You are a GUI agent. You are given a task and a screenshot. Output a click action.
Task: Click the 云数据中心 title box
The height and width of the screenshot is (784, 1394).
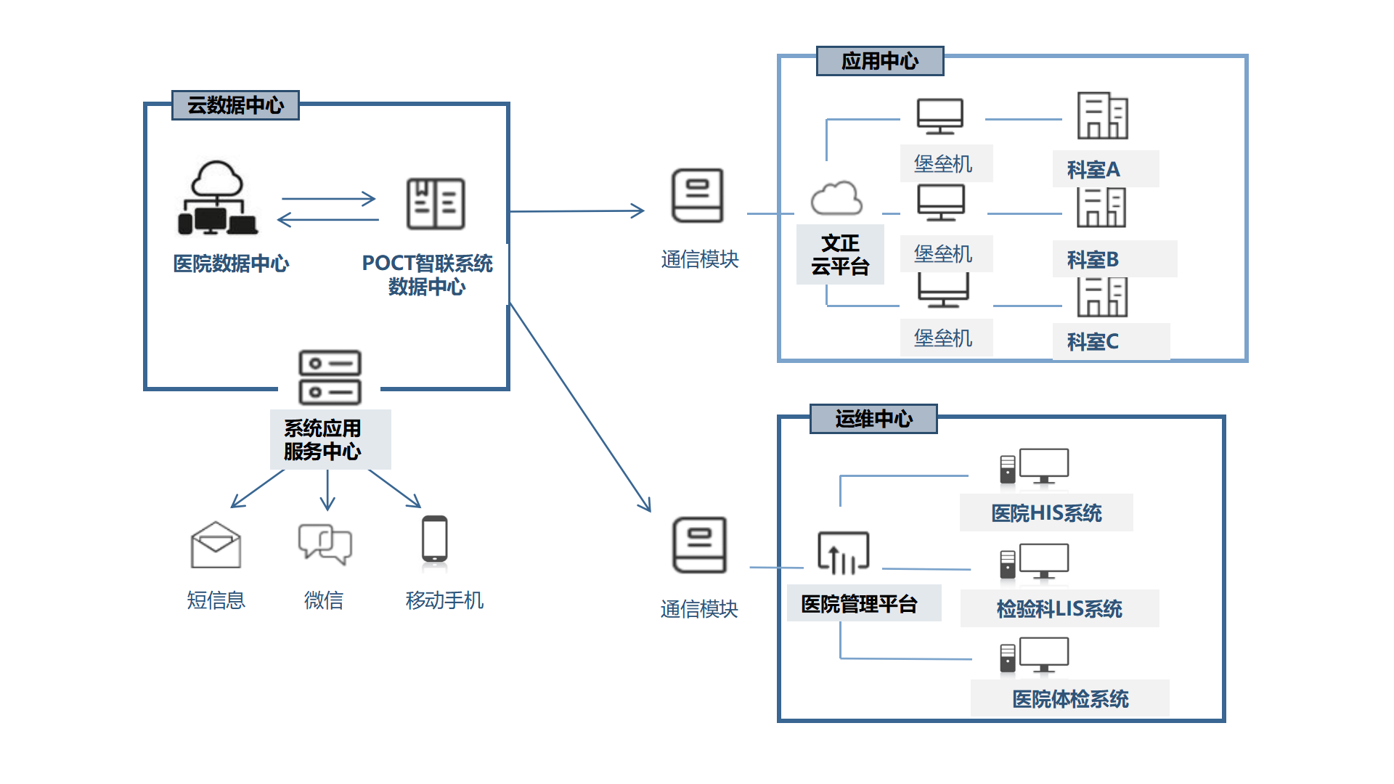pyautogui.click(x=235, y=105)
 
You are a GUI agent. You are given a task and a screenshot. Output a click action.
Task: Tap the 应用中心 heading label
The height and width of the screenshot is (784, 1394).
pyautogui.click(x=879, y=61)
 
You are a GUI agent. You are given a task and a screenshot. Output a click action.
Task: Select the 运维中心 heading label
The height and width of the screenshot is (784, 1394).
pyautogui.click(x=873, y=419)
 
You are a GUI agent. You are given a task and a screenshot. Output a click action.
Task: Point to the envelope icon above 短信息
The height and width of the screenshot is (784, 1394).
pyautogui.click(x=216, y=545)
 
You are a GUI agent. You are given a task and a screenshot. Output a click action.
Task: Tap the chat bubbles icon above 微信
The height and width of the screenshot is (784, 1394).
pyautogui.click(x=325, y=544)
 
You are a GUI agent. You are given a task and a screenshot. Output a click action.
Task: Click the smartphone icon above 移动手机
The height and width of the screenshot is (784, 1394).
pyautogui.click(x=435, y=539)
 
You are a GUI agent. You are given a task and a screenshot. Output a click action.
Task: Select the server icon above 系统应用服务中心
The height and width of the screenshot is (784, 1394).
pyautogui.click(x=330, y=377)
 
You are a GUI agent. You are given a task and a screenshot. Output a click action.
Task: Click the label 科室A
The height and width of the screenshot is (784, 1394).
pyautogui.click(x=1093, y=170)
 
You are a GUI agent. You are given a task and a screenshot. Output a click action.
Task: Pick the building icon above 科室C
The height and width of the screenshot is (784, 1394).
pyautogui.click(x=1101, y=297)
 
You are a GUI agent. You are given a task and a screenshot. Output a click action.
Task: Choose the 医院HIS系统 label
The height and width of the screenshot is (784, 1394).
pyautogui.click(x=1046, y=513)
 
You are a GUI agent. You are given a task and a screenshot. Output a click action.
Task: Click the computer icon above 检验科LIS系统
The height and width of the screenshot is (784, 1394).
pyautogui.click(x=1035, y=563)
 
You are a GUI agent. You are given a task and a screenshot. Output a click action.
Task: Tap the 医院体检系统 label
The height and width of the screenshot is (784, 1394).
pyautogui.click(x=1069, y=699)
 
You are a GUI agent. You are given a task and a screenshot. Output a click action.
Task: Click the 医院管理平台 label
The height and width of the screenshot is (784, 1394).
pyautogui.click(x=859, y=604)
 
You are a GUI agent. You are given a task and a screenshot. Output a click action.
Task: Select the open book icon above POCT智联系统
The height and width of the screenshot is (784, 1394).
pyautogui.click(x=435, y=204)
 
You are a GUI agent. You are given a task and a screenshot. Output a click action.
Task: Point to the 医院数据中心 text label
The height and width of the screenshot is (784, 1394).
pyautogui.click(x=231, y=264)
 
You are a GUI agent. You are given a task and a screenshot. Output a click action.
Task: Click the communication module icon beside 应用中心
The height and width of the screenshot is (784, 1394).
pyautogui.click(x=697, y=196)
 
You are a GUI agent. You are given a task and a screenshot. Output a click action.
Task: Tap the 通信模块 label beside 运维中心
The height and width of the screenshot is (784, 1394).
pyautogui.click(x=698, y=609)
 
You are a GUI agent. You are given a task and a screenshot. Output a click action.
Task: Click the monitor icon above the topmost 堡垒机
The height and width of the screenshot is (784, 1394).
pyautogui.click(x=939, y=117)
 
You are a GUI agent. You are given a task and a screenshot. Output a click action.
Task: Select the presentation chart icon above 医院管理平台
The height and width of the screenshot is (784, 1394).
pyautogui.click(x=843, y=553)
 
